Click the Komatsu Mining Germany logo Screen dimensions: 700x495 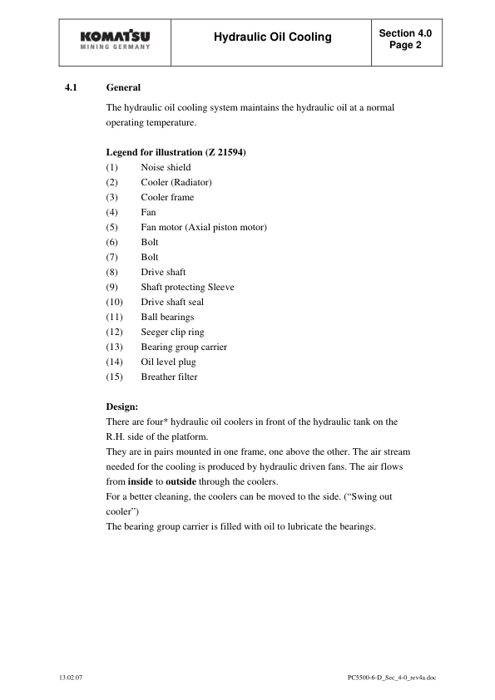pos(116,42)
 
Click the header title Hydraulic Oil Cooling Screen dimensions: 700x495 pos(272,37)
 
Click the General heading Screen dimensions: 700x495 pos(123,87)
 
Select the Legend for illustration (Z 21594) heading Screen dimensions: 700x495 pos(175,152)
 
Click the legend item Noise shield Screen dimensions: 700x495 pos(166,167)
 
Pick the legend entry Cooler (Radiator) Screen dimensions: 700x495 pos(176,182)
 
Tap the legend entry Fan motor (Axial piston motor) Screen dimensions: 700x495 pos(204,227)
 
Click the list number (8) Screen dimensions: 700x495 pos(112,272)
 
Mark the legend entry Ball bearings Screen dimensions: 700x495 pos(167,317)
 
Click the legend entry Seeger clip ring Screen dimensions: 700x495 pos(172,332)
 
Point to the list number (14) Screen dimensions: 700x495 pos(115,362)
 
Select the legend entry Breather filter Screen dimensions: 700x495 pos(169,377)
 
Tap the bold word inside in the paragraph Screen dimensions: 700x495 pos(139,481)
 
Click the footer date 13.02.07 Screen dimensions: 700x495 pos(71,678)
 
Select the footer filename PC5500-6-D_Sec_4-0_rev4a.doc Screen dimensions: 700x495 pos(392,678)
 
